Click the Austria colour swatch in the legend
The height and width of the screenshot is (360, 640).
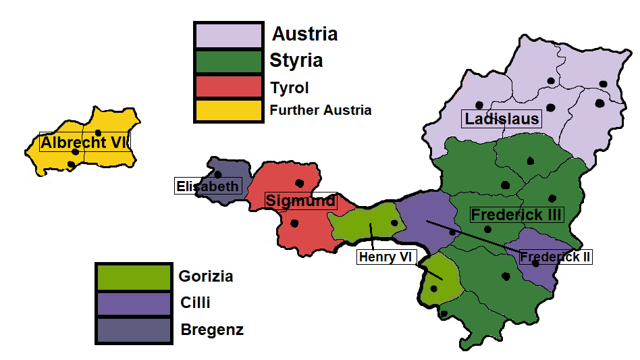pyautogui.click(x=228, y=35)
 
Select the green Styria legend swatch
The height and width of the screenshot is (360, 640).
pyautogui.click(x=228, y=61)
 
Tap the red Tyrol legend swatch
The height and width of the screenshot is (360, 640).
pyautogui.click(x=228, y=86)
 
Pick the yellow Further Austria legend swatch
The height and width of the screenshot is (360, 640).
pyautogui.click(x=228, y=109)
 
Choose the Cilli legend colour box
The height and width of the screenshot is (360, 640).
pyautogui.click(x=132, y=304)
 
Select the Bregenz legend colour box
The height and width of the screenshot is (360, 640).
pyautogui.click(x=132, y=330)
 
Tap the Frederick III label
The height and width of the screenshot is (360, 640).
pyautogui.click(x=516, y=215)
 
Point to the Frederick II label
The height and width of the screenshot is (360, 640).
pyautogui.click(x=556, y=257)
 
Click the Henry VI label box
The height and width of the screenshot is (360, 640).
pyautogui.click(x=386, y=257)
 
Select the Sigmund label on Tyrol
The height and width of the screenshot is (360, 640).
pyautogui.click(x=300, y=201)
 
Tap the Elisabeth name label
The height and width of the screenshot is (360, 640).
pyautogui.click(x=207, y=186)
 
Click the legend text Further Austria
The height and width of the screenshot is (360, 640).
pyautogui.click(x=321, y=109)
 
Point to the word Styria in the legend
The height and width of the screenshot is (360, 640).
pyautogui.click(x=296, y=61)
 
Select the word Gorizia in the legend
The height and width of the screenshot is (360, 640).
pyautogui.click(x=206, y=276)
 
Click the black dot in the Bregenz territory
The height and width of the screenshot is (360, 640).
pyautogui.click(x=218, y=174)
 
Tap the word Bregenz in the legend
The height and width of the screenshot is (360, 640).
pyautogui.click(x=212, y=330)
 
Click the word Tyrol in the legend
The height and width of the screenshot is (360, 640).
pyautogui.click(x=290, y=88)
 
